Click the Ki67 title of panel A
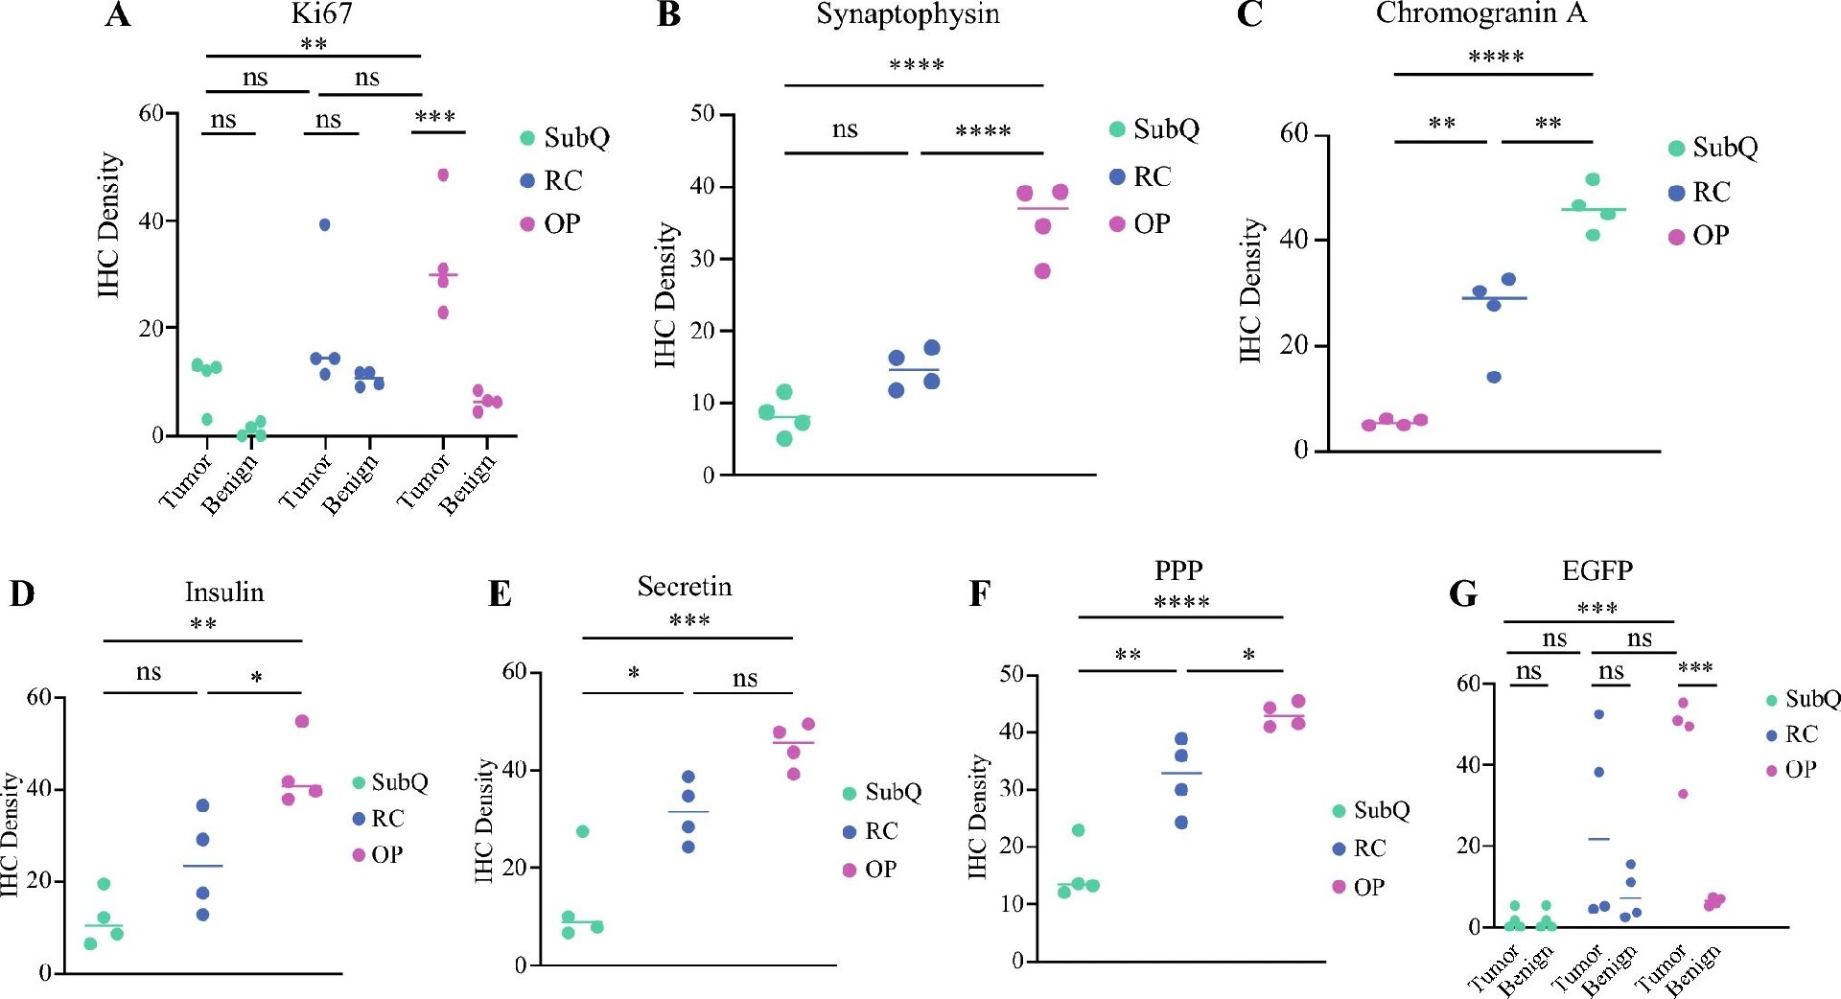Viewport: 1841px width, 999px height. [321, 13]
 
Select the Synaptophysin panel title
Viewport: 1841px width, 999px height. [907, 14]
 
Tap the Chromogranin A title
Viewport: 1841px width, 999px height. [1480, 13]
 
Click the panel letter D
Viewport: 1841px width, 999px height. [21, 593]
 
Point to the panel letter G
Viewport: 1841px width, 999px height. [1463, 593]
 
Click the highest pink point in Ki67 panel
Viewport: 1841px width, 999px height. [443, 174]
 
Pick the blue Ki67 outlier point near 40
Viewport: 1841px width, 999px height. [325, 224]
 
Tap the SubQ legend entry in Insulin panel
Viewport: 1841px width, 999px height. [389, 782]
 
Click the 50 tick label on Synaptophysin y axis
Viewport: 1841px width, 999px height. [703, 114]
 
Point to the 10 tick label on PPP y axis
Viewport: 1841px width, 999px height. [1012, 904]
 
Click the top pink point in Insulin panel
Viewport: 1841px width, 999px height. [302, 721]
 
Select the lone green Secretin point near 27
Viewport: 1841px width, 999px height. [582, 831]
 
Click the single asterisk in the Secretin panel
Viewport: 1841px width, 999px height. [634, 674]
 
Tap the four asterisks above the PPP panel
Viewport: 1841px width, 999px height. [1181, 602]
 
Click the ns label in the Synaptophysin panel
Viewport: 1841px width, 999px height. [845, 129]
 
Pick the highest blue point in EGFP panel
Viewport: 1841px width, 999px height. [1598, 714]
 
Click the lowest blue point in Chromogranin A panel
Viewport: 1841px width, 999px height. [1494, 377]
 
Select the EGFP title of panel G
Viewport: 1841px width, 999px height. [1596, 570]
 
